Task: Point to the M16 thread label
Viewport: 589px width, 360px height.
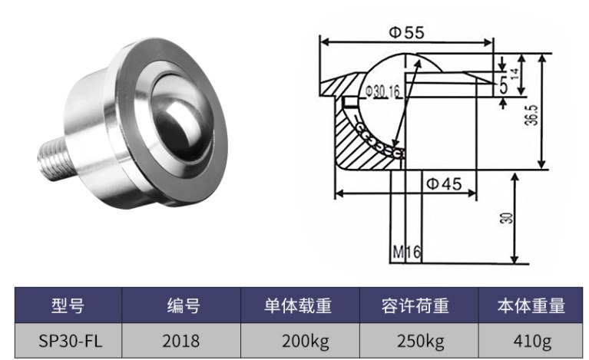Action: coord(404,251)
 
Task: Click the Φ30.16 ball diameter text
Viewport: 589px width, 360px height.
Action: coord(382,91)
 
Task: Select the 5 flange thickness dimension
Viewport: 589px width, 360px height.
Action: coord(503,86)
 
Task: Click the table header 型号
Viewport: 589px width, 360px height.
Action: coord(67,306)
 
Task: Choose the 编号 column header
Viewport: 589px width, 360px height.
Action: coord(183,306)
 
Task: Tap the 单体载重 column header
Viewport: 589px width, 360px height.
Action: coord(299,306)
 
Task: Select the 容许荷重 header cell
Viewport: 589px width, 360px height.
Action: coord(419,306)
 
